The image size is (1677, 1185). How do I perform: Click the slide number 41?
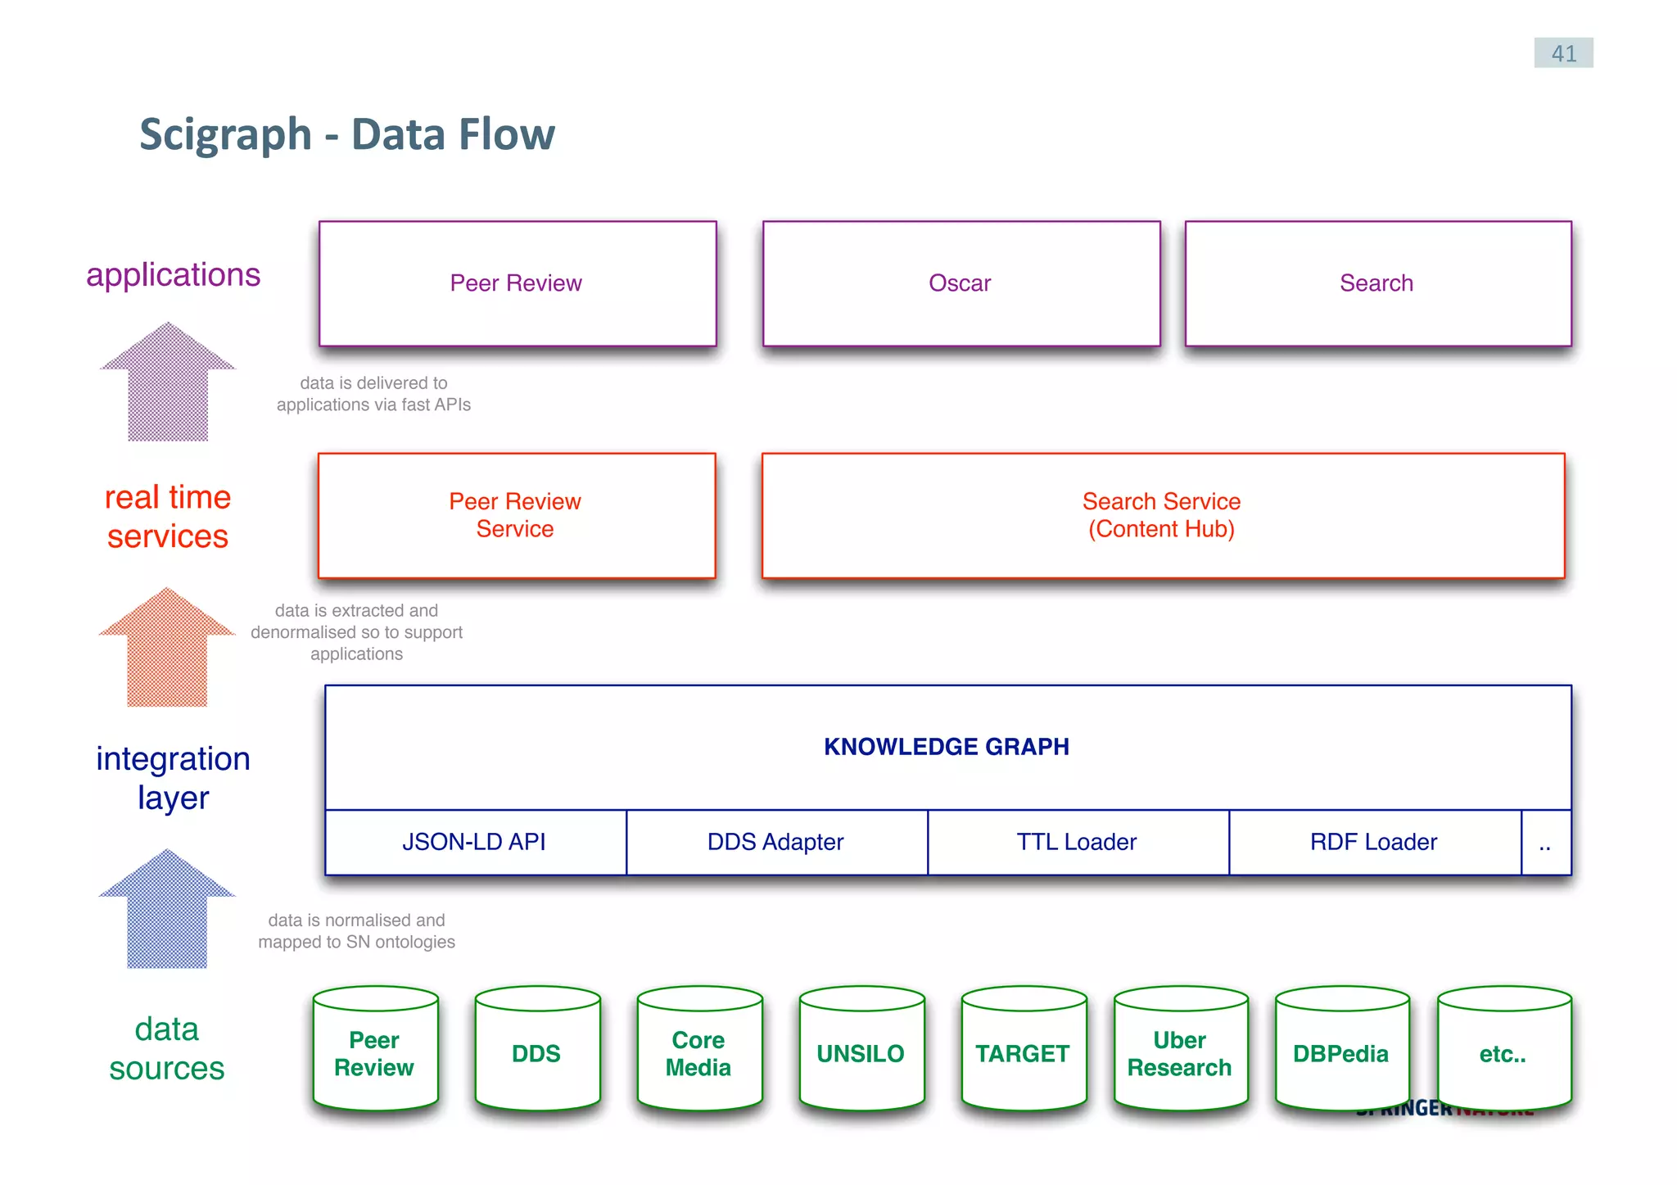point(1562,53)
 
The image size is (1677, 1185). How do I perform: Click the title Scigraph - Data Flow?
point(347,134)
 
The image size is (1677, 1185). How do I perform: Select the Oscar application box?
point(961,283)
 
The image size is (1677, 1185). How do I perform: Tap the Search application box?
point(1377,283)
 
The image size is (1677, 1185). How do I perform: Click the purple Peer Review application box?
point(517,283)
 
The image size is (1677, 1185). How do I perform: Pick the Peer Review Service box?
point(516,515)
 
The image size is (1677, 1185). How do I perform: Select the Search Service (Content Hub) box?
point(1162,515)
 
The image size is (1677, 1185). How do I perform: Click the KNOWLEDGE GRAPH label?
point(947,747)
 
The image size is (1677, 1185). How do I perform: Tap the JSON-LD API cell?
point(475,842)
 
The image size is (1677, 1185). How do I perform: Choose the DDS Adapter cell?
point(775,842)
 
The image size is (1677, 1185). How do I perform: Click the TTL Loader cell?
point(1077,842)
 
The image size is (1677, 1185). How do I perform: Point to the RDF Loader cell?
point(1374,842)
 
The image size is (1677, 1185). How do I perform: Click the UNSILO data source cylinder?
point(861,1052)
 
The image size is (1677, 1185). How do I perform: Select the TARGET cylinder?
point(1023,1052)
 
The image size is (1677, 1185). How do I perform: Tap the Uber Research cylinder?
point(1180,1052)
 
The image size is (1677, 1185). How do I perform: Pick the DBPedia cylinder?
point(1340,1052)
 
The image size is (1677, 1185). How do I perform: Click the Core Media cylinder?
point(698,1052)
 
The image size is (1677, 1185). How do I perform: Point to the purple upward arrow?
point(168,385)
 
